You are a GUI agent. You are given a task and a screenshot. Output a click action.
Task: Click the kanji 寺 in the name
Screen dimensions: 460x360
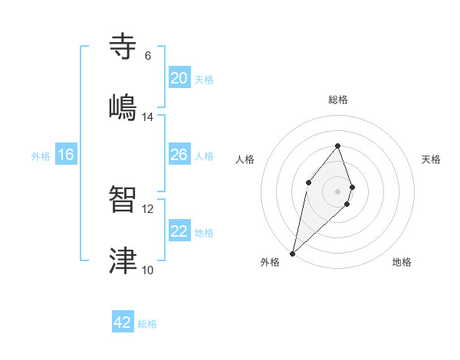[124, 46]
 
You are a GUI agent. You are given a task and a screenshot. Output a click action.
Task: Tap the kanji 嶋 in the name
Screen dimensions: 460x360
[124, 106]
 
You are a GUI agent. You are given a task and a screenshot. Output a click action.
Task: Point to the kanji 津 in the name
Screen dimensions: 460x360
[124, 260]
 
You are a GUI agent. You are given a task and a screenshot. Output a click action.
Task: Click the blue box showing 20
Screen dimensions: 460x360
[179, 78]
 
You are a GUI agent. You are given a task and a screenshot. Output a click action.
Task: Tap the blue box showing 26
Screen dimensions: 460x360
[179, 155]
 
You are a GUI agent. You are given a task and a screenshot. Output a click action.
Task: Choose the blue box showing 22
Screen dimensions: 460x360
[179, 231]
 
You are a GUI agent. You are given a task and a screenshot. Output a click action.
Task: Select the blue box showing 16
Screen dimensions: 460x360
[66, 155]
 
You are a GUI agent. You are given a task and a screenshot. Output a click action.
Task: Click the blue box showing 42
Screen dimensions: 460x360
[123, 322]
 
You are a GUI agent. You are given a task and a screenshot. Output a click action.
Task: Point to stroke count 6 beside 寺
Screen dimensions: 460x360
[148, 56]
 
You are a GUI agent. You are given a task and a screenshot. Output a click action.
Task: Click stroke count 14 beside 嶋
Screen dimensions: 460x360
[148, 117]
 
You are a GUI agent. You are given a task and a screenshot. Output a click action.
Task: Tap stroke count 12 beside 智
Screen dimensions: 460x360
[148, 208]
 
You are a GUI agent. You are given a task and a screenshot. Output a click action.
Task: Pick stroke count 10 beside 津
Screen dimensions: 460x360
[148, 270]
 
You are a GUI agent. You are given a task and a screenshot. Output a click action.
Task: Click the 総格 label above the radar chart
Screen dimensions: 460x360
[338, 100]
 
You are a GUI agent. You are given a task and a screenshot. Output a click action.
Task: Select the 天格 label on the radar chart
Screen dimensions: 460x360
[432, 159]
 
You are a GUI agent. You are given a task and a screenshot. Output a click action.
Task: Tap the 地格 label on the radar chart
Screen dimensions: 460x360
[402, 262]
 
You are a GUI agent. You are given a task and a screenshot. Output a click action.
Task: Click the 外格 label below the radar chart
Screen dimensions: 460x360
[270, 262]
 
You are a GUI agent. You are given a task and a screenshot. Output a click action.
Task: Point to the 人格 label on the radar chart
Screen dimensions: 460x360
[245, 159]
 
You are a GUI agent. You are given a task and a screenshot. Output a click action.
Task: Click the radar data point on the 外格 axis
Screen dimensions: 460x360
[292, 253]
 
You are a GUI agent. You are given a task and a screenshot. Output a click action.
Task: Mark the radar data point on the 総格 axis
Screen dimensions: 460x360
[337, 146]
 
